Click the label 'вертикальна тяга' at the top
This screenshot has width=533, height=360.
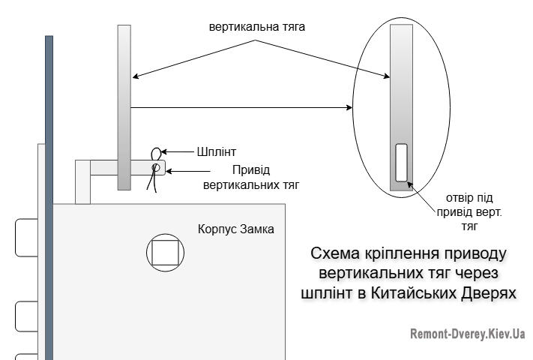pyautogui.click(x=258, y=25)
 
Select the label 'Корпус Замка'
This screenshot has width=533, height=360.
pyautogui.click(x=235, y=228)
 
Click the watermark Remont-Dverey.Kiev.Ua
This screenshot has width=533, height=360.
pyautogui.click(x=467, y=334)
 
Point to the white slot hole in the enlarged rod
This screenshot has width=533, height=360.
pyautogui.click(x=401, y=162)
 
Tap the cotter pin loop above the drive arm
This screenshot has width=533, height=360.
pyautogui.click(x=158, y=154)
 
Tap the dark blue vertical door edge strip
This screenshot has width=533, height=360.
pyautogui.click(x=49, y=195)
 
